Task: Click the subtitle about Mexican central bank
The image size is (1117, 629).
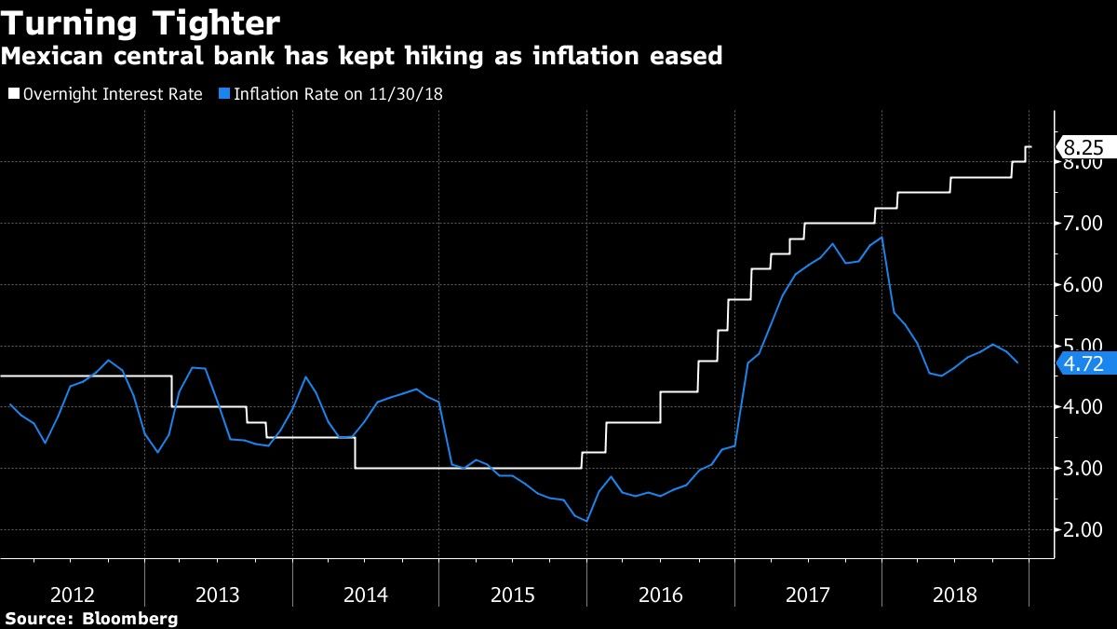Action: tap(362, 57)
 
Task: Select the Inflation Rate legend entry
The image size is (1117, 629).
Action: tap(330, 94)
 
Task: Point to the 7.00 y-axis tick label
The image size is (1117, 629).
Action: tap(1083, 224)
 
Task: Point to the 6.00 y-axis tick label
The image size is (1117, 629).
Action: tap(1083, 285)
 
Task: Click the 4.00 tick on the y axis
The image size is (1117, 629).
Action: tap(1083, 407)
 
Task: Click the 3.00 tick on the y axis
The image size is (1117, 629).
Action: tap(1083, 469)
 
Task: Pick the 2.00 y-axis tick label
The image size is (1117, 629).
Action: tap(1083, 530)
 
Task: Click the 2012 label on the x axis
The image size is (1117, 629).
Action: tap(72, 595)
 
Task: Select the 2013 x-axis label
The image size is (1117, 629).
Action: tap(219, 595)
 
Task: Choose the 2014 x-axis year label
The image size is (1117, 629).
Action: tap(366, 595)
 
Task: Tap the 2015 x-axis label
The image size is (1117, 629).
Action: tap(513, 595)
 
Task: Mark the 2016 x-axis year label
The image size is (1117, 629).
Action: tap(660, 595)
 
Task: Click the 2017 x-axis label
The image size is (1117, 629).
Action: tap(807, 595)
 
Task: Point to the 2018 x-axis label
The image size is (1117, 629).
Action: tap(954, 595)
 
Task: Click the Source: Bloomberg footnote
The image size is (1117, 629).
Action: tap(90, 619)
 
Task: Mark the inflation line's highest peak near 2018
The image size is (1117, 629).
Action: tap(881, 238)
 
